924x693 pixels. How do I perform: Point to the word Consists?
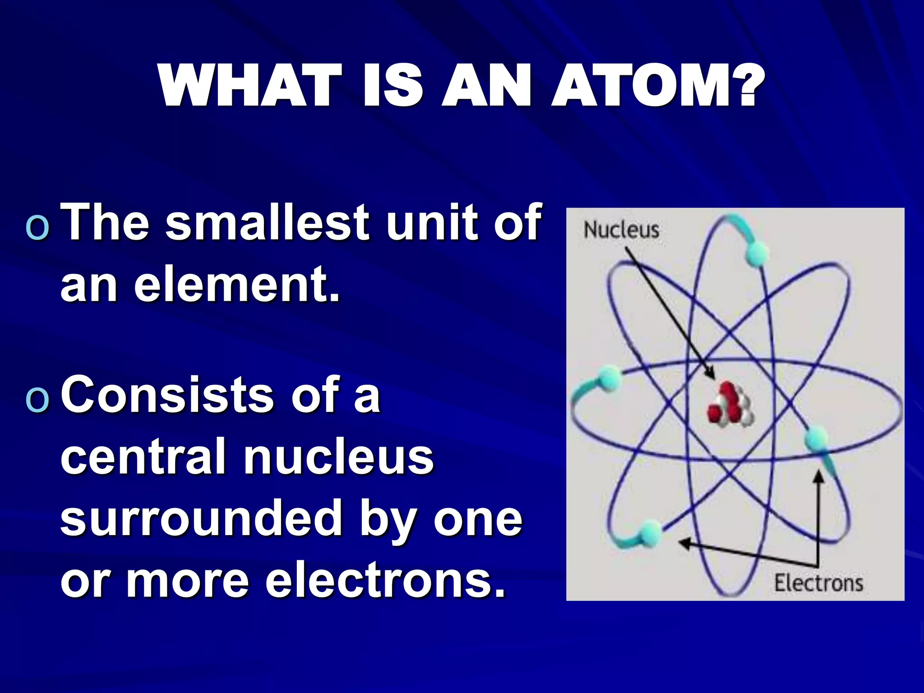point(167,395)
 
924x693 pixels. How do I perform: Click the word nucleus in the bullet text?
point(338,457)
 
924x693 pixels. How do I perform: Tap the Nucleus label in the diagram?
point(621,230)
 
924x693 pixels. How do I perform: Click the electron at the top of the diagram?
point(756,253)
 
